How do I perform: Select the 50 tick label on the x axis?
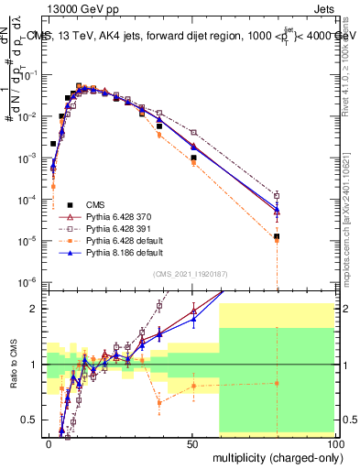coord(192,442)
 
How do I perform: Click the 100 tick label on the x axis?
coord(333,442)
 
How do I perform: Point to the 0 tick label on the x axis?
coord(49,442)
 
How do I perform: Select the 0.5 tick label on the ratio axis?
coord(29,420)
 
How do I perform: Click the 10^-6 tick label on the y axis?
coord(27,281)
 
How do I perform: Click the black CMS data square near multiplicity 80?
coord(278,236)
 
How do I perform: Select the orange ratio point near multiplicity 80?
coord(278,383)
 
